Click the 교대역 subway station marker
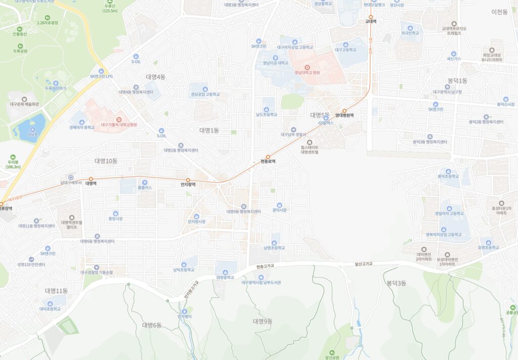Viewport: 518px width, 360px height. (x=370, y=16)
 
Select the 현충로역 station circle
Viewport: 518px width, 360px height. (x=268, y=157)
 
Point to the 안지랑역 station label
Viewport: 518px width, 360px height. (x=188, y=185)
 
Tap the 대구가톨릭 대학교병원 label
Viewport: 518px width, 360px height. (x=119, y=124)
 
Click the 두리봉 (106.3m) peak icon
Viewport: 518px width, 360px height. (x=13, y=157)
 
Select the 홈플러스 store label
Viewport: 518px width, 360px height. (x=145, y=188)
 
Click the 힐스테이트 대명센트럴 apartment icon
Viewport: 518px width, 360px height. (x=310, y=143)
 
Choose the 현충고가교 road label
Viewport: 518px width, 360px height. (x=265, y=265)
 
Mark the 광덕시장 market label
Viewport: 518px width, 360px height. (x=279, y=210)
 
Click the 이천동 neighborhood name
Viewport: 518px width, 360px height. (x=499, y=12)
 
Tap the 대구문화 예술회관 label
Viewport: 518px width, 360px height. (x=24, y=105)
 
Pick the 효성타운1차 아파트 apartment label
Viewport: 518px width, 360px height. (x=501, y=210)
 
